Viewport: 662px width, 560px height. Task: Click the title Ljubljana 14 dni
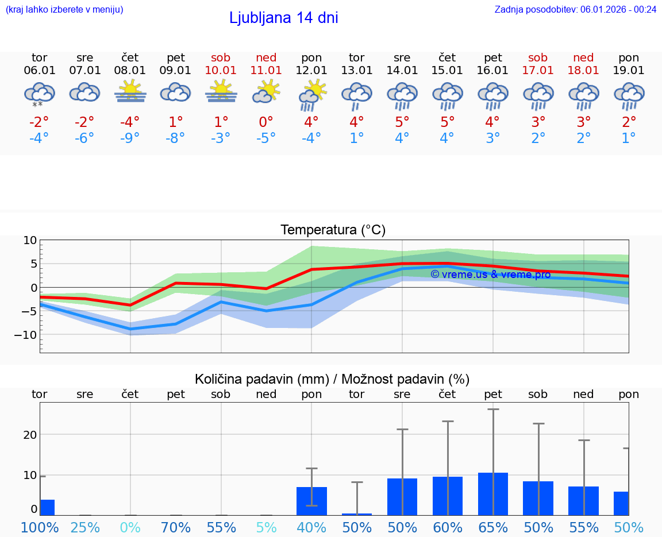click(283, 18)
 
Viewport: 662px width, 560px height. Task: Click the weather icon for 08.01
click(130, 91)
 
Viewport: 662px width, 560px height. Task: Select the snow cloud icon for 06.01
click(39, 94)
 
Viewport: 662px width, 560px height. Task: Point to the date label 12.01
click(311, 71)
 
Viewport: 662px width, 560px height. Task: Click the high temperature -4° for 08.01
click(130, 122)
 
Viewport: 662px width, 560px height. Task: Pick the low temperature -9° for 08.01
click(130, 138)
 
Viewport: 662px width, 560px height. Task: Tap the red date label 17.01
click(538, 71)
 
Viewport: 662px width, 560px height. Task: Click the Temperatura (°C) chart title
click(333, 230)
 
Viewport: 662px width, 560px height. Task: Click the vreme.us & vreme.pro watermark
click(491, 275)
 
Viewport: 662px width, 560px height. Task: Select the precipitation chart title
click(332, 379)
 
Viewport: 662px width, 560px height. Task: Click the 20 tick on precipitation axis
click(30, 435)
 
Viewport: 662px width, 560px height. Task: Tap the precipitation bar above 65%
click(493, 494)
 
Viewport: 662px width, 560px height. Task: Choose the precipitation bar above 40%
click(311, 501)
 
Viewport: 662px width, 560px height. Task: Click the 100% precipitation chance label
click(40, 528)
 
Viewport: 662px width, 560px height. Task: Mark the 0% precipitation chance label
click(130, 528)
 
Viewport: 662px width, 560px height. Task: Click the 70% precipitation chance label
click(176, 528)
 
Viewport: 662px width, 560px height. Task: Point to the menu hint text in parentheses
click(64, 9)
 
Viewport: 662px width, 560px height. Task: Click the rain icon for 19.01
click(629, 95)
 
